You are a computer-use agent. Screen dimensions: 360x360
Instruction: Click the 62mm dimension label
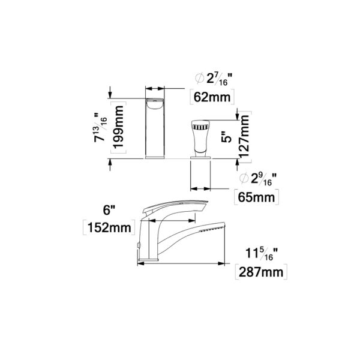click(212, 97)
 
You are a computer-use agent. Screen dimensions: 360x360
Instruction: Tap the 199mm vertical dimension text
click(119, 127)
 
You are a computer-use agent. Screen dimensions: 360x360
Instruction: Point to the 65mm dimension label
click(256, 197)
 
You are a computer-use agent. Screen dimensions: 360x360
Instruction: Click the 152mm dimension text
click(109, 228)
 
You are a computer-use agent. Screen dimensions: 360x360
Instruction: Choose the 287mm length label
click(261, 272)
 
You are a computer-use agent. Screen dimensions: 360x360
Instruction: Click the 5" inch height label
click(226, 136)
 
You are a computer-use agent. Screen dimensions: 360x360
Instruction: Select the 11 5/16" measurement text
click(262, 254)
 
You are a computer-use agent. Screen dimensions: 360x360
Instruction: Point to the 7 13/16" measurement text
click(101, 127)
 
